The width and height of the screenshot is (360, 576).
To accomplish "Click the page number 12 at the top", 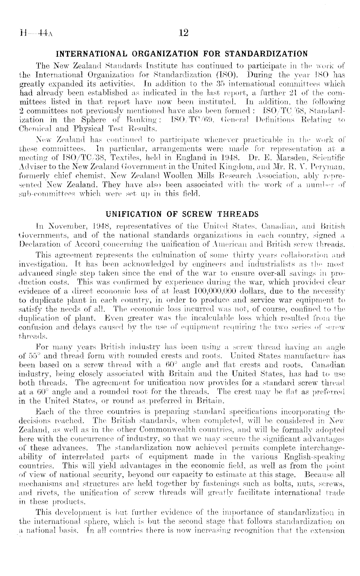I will [x=183, y=33].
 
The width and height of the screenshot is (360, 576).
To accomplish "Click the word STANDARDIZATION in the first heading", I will [x=270, y=53].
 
